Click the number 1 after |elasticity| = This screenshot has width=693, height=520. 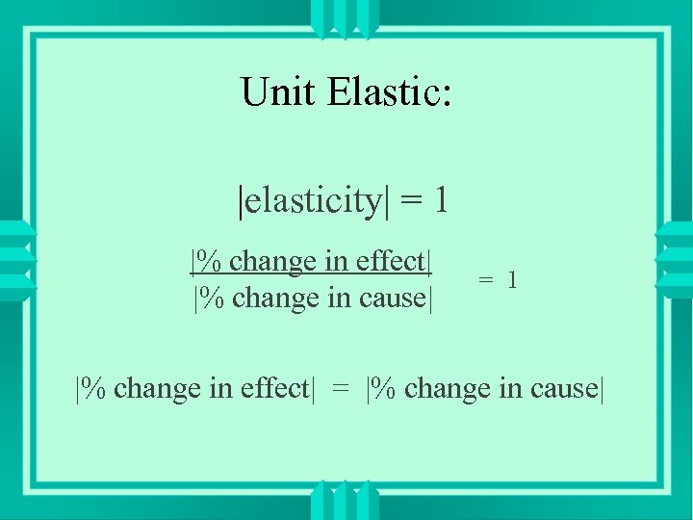point(440,200)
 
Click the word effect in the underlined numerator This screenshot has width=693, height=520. point(389,261)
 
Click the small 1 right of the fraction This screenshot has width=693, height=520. point(513,280)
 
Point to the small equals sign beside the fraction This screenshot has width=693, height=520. point(487,281)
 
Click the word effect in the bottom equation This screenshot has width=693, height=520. point(270,388)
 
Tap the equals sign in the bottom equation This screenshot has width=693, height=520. point(341,389)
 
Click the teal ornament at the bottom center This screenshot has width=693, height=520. point(346,501)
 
